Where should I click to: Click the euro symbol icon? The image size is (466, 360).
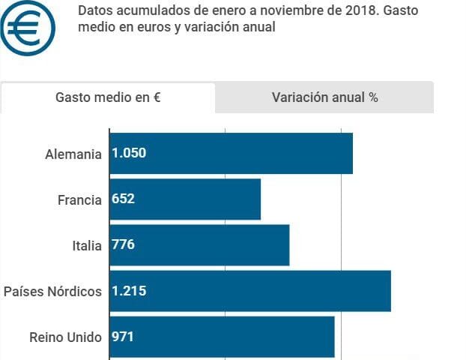click(x=28, y=28)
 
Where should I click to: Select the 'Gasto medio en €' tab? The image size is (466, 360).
click(x=108, y=97)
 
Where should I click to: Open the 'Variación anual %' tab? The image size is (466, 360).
click(x=324, y=97)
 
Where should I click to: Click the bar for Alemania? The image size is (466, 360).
click(x=231, y=153)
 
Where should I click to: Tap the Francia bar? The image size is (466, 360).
click(x=185, y=199)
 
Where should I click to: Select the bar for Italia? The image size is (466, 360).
click(x=199, y=245)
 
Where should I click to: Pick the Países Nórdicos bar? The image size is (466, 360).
click(x=250, y=291)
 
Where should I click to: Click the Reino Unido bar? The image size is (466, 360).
click(x=222, y=337)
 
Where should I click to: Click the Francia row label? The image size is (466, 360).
click(x=79, y=200)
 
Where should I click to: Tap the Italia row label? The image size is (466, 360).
click(x=86, y=246)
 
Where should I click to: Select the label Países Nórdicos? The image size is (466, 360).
click(x=52, y=292)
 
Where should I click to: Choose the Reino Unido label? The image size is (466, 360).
click(x=65, y=337)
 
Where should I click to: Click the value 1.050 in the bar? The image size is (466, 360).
click(x=129, y=153)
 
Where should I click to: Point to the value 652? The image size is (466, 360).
click(x=123, y=199)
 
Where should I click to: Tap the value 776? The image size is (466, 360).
click(x=123, y=245)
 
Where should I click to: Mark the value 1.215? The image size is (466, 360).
click(x=129, y=291)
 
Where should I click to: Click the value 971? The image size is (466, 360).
click(x=123, y=337)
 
